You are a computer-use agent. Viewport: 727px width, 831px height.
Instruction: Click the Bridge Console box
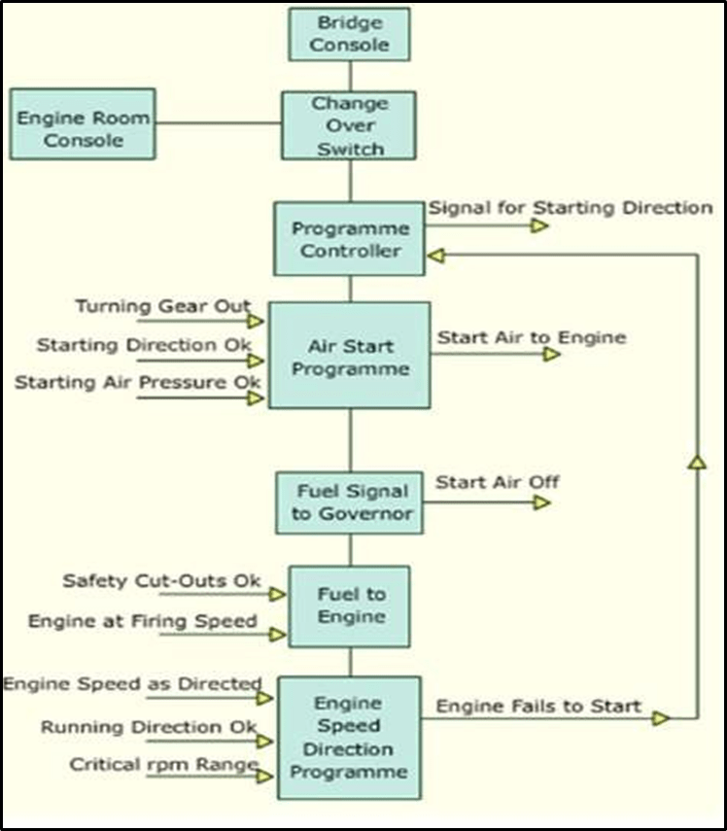[x=349, y=34]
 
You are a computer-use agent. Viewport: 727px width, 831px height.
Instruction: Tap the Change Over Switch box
[x=348, y=125]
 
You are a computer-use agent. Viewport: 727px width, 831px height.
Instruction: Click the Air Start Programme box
[x=349, y=355]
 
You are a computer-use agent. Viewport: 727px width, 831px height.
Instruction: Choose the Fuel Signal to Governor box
[x=350, y=502]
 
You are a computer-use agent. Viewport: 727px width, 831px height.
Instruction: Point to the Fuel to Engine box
[x=350, y=606]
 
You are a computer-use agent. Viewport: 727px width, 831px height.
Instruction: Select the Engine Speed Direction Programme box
[x=349, y=738]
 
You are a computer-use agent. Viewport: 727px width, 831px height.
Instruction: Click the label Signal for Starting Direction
[x=570, y=208]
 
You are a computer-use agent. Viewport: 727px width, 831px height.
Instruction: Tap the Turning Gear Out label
[x=162, y=307]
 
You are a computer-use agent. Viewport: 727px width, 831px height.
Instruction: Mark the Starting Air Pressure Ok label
[x=137, y=383]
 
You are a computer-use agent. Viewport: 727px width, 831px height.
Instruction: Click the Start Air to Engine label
[x=531, y=338]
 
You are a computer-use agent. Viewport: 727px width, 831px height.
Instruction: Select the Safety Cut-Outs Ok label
[x=161, y=581]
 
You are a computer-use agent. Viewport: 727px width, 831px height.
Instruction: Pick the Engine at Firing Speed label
[x=142, y=621]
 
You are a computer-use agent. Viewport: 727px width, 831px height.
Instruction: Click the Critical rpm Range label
[x=163, y=765]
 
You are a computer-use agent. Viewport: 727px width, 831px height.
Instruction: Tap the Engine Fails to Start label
[x=537, y=706]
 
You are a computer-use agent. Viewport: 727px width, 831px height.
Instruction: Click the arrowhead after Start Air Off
[x=541, y=502]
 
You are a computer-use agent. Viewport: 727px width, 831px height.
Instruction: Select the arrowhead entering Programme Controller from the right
[x=437, y=255]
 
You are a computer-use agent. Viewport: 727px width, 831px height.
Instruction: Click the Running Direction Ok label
[x=148, y=727]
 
